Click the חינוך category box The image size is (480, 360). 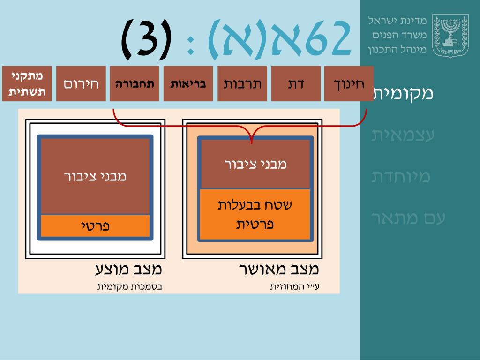tap(349, 84)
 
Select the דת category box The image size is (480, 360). tap(296, 84)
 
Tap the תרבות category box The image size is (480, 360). tap(242, 84)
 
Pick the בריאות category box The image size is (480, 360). tap(188, 84)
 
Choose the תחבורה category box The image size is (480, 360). tap(135, 84)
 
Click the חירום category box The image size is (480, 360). tap(81, 84)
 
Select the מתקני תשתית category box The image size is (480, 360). tap(27, 84)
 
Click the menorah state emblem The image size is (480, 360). tap(450, 36)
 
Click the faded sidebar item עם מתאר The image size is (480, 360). tap(402, 218)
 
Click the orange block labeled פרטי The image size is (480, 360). tap(95, 226)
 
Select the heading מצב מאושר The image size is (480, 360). tap(279, 270)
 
